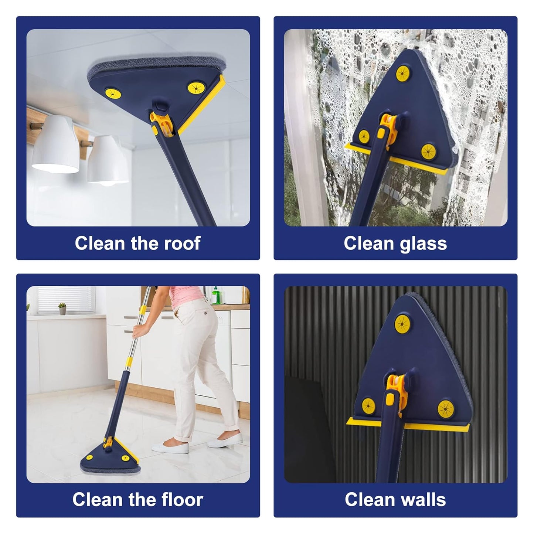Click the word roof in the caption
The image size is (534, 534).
click(x=182, y=244)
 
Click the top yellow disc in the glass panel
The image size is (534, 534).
click(x=402, y=74)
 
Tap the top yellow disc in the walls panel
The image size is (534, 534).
click(x=402, y=324)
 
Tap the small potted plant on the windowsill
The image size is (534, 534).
click(x=62, y=309)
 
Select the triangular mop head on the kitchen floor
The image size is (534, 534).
click(x=110, y=455)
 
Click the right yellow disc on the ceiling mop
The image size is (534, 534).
click(x=196, y=88)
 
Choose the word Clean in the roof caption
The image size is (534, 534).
click(x=100, y=244)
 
